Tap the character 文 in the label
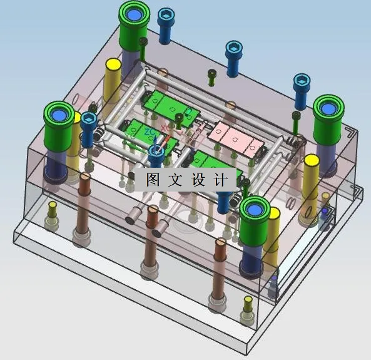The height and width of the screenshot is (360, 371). click(x=176, y=180)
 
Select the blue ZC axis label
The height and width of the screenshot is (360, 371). click(x=149, y=132)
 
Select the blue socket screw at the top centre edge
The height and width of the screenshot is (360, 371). click(x=233, y=48)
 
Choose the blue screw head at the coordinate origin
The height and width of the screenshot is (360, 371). click(x=156, y=150)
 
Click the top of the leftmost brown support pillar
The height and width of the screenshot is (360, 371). click(x=84, y=179)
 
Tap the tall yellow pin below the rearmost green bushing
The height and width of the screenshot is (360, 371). click(x=113, y=64)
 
